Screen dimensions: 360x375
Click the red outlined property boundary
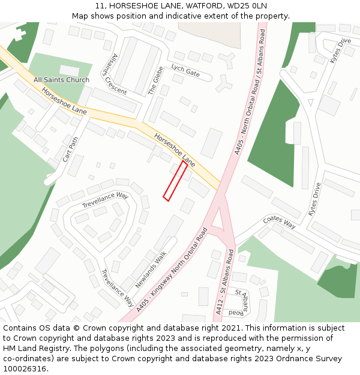coord(176,180)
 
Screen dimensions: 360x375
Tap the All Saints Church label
coord(61,80)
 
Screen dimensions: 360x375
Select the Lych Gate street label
coord(185,70)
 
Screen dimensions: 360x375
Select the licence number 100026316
coord(26,369)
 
